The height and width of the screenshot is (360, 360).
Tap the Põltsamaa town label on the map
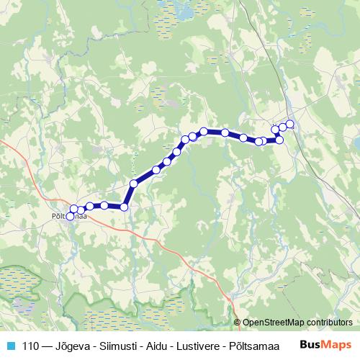coord(70,215)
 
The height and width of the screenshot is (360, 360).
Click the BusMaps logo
coord(327,345)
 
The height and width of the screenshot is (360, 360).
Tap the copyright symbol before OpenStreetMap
coord(238,323)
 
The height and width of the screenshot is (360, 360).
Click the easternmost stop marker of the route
coord(290,124)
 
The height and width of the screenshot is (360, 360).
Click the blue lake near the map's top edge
coord(186,13)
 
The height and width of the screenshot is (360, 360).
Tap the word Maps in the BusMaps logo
coord(337,345)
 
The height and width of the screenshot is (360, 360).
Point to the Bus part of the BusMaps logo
coord(311,345)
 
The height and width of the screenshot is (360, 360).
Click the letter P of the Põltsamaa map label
coord(55,215)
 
